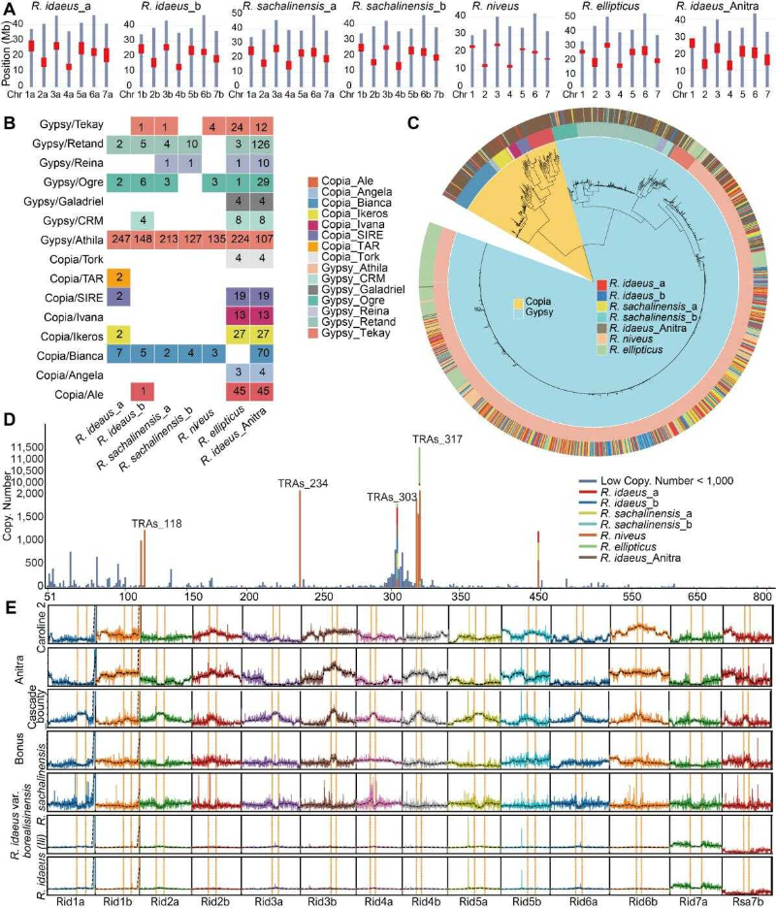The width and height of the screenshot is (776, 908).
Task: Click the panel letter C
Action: pos(413,123)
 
